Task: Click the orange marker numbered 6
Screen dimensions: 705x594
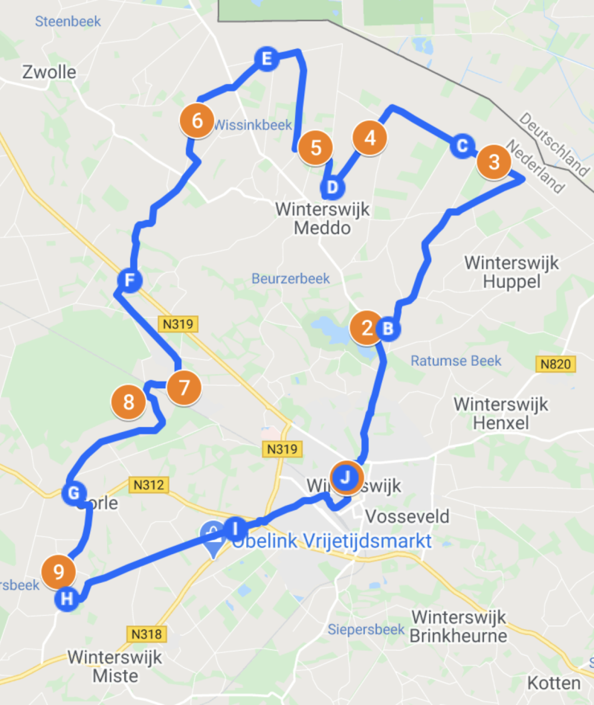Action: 197,120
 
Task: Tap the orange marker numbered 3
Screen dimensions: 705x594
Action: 494,161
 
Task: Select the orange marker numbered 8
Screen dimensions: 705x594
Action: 129,402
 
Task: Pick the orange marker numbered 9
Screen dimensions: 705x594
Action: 58,572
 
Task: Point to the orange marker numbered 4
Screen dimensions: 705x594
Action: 370,138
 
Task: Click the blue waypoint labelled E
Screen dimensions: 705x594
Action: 265,59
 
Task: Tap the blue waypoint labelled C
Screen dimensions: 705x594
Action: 462,146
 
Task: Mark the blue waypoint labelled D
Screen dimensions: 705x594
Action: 332,187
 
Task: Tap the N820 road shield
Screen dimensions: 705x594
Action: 552,364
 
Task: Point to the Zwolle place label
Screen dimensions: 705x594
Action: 50,73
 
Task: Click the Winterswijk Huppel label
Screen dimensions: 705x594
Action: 511,271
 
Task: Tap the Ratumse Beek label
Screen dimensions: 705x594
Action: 456,361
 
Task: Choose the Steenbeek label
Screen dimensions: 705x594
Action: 68,21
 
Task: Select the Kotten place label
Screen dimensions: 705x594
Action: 554,683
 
